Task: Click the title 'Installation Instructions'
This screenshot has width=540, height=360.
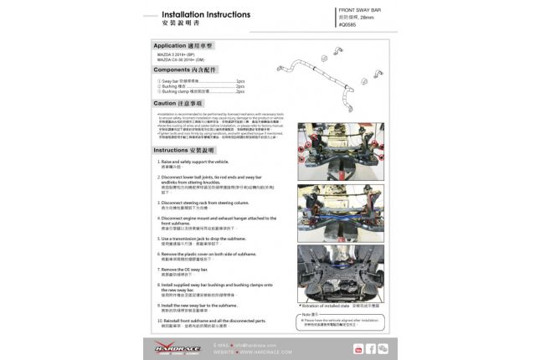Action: click(204, 15)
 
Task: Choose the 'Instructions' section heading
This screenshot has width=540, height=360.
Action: click(181, 149)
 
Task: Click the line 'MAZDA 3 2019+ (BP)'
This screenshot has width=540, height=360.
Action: click(180, 54)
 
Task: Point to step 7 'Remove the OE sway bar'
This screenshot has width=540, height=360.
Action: click(185, 270)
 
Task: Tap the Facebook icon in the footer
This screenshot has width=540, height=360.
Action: click(370, 347)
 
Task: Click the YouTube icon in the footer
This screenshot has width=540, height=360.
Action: click(358, 347)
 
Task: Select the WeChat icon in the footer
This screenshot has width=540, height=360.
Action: click(383, 347)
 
